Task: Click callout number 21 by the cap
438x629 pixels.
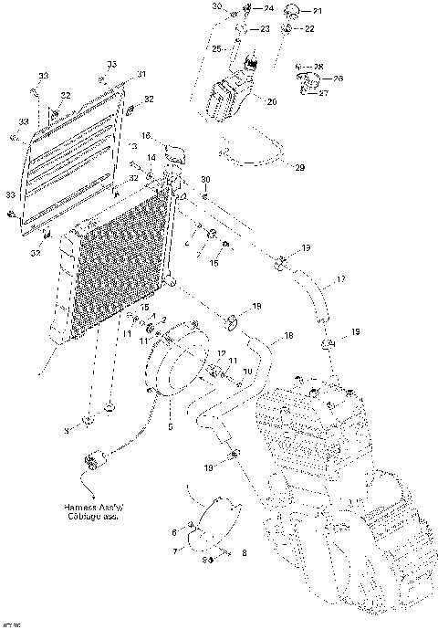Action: click(318, 11)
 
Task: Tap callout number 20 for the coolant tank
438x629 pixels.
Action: click(271, 101)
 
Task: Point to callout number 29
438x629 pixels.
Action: click(297, 168)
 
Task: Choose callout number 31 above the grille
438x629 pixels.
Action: click(141, 74)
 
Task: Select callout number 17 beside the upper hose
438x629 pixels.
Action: click(341, 280)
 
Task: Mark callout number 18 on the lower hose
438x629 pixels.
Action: click(289, 336)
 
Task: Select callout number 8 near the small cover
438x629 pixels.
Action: click(244, 553)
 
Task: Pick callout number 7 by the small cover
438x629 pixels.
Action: click(175, 552)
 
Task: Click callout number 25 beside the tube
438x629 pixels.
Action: click(216, 47)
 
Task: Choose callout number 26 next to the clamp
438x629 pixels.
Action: click(338, 79)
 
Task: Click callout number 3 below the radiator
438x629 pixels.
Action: click(66, 429)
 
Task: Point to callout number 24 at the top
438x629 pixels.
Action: click(269, 8)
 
